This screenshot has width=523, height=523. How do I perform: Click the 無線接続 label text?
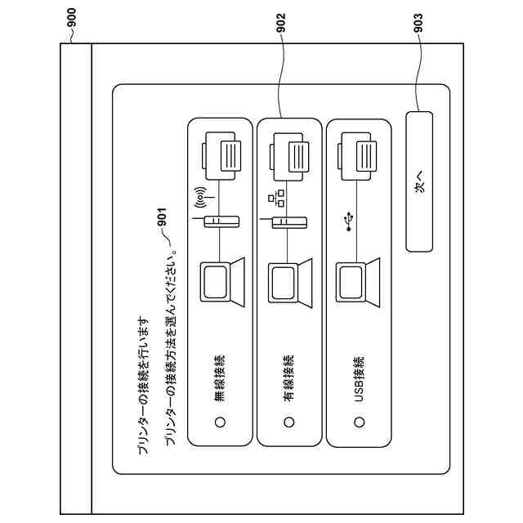tap(219, 377)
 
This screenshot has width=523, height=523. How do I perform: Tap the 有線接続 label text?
tap(288, 377)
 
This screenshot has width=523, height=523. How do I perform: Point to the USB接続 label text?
tap(358, 378)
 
